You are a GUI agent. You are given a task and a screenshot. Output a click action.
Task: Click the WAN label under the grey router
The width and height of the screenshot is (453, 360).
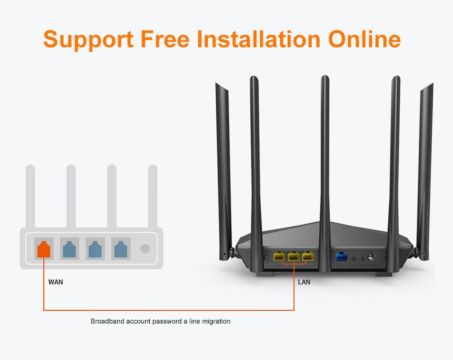coord(56,282)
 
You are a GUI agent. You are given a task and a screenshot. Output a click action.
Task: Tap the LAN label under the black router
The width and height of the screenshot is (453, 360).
coord(304,282)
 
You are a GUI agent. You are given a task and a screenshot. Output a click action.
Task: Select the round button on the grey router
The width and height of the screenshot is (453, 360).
coord(145,248)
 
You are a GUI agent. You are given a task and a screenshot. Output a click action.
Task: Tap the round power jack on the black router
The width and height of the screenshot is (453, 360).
coord(370,257)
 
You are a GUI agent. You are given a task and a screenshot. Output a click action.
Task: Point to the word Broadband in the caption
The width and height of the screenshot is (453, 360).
coord(107,321)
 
